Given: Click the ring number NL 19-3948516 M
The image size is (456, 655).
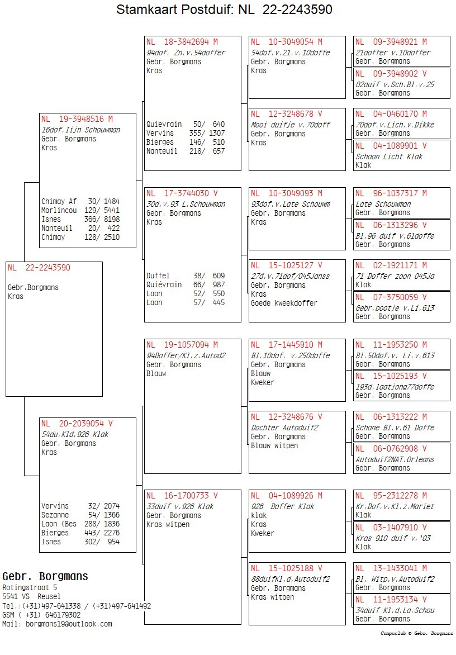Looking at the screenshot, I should (x=77, y=119).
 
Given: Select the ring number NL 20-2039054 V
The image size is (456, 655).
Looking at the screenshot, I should (x=77, y=424).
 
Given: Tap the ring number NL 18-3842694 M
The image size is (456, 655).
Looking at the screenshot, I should (x=182, y=42).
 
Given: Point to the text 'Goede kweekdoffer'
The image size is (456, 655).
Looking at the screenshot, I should (x=284, y=303).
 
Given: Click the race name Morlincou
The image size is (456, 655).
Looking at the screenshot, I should (x=59, y=210).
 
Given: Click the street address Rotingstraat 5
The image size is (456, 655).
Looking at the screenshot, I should (x=30, y=588).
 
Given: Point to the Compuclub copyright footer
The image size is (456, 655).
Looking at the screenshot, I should (x=417, y=634).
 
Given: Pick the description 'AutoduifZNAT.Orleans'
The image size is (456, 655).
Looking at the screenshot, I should (x=395, y=459).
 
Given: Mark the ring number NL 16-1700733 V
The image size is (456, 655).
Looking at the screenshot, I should (x=182, y=496).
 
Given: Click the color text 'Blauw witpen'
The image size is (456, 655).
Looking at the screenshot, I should (x=274, y=445).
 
